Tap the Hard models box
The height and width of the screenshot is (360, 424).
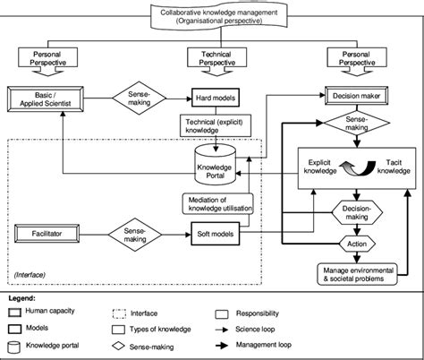[x=213, y=94]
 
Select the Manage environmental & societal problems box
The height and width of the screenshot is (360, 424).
[x=356, y=273]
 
